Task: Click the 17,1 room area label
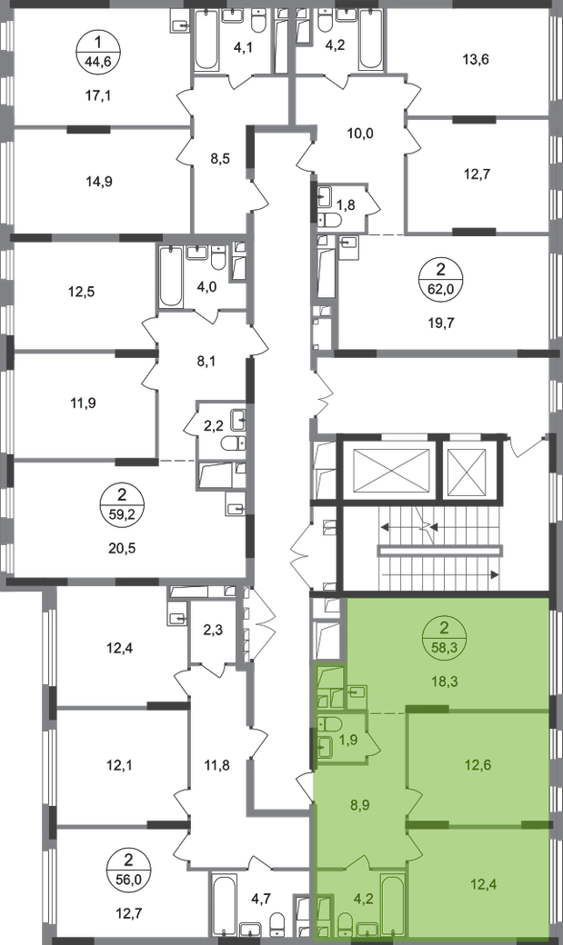[99, 95]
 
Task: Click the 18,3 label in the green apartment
[445, 681]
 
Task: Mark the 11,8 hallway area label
[217, 766]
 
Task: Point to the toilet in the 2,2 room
[233, 443]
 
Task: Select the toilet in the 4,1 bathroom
[258, 22]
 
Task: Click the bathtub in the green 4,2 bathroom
[394, 906]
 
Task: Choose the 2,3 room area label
[213, 632]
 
